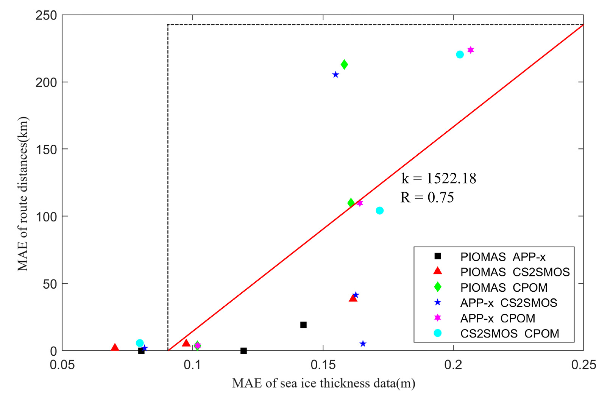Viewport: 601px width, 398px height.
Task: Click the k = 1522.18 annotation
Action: (x=438, y=178)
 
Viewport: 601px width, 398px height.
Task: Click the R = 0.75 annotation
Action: (x=427, y=197)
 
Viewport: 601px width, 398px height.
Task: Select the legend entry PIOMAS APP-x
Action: (x=503, y=257)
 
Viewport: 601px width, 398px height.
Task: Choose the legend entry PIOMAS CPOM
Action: (x=504, y=287)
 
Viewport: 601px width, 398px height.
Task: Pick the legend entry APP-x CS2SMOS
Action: (x=508, y=303)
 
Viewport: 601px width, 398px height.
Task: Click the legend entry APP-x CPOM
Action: (x=497, y=318)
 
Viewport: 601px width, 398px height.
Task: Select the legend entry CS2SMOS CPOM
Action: (x=510, y=333)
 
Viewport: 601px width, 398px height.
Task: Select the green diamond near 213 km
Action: (x=344, y=65)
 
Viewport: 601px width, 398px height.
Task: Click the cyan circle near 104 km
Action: (x=379, y=210)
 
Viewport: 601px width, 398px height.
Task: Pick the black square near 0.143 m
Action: (x=303, y=325)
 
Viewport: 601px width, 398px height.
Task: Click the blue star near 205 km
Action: (x=336, y=75)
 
